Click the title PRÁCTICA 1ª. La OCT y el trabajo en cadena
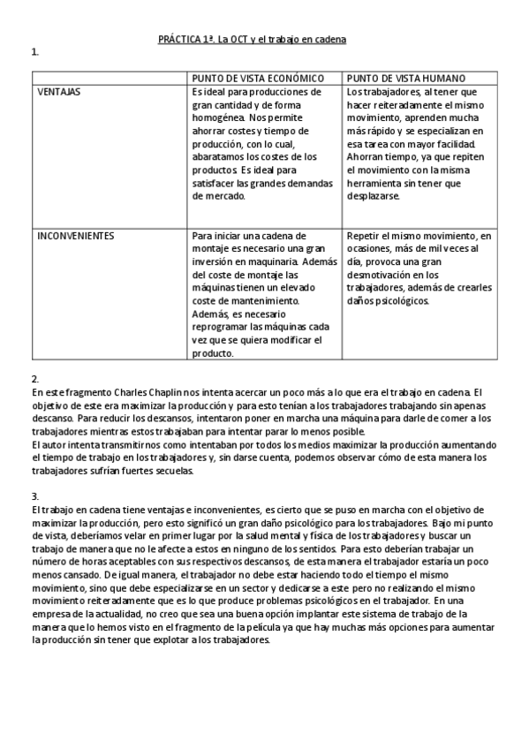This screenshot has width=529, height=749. [x=252, y=40]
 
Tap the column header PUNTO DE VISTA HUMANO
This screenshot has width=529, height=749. [x=406, y=79]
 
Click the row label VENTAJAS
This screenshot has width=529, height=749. [x=59, y=92]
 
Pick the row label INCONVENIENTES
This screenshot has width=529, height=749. [x=75, y=236]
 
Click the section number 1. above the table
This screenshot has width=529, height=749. [x=34, y=52]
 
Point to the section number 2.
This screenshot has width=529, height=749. [x=34, y=378]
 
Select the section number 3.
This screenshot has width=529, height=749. [x=34, y=496]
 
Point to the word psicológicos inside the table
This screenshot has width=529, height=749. [x=401, y=301]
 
